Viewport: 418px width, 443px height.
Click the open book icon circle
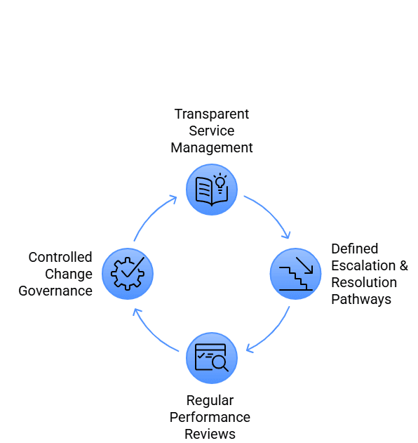tap(211, 190)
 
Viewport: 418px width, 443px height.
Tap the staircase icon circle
tap(296, 274)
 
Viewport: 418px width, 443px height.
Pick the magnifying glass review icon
tap(212, 358)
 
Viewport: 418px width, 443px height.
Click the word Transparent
tap(212, 114)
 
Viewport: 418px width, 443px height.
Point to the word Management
tap(212, 147)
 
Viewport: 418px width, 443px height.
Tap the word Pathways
tap(361, 299)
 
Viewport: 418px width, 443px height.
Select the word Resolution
tap(364, 282)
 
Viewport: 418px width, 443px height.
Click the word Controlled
tap(60, 257)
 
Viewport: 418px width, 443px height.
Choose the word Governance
tap(56, 291)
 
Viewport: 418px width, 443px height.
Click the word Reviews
tap(210, 434)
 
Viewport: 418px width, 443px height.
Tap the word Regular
tap(210, 400)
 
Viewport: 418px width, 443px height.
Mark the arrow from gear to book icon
tap(151, 215)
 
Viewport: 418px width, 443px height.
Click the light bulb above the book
tap(220, 182)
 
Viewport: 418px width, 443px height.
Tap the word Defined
tap(355, 249)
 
